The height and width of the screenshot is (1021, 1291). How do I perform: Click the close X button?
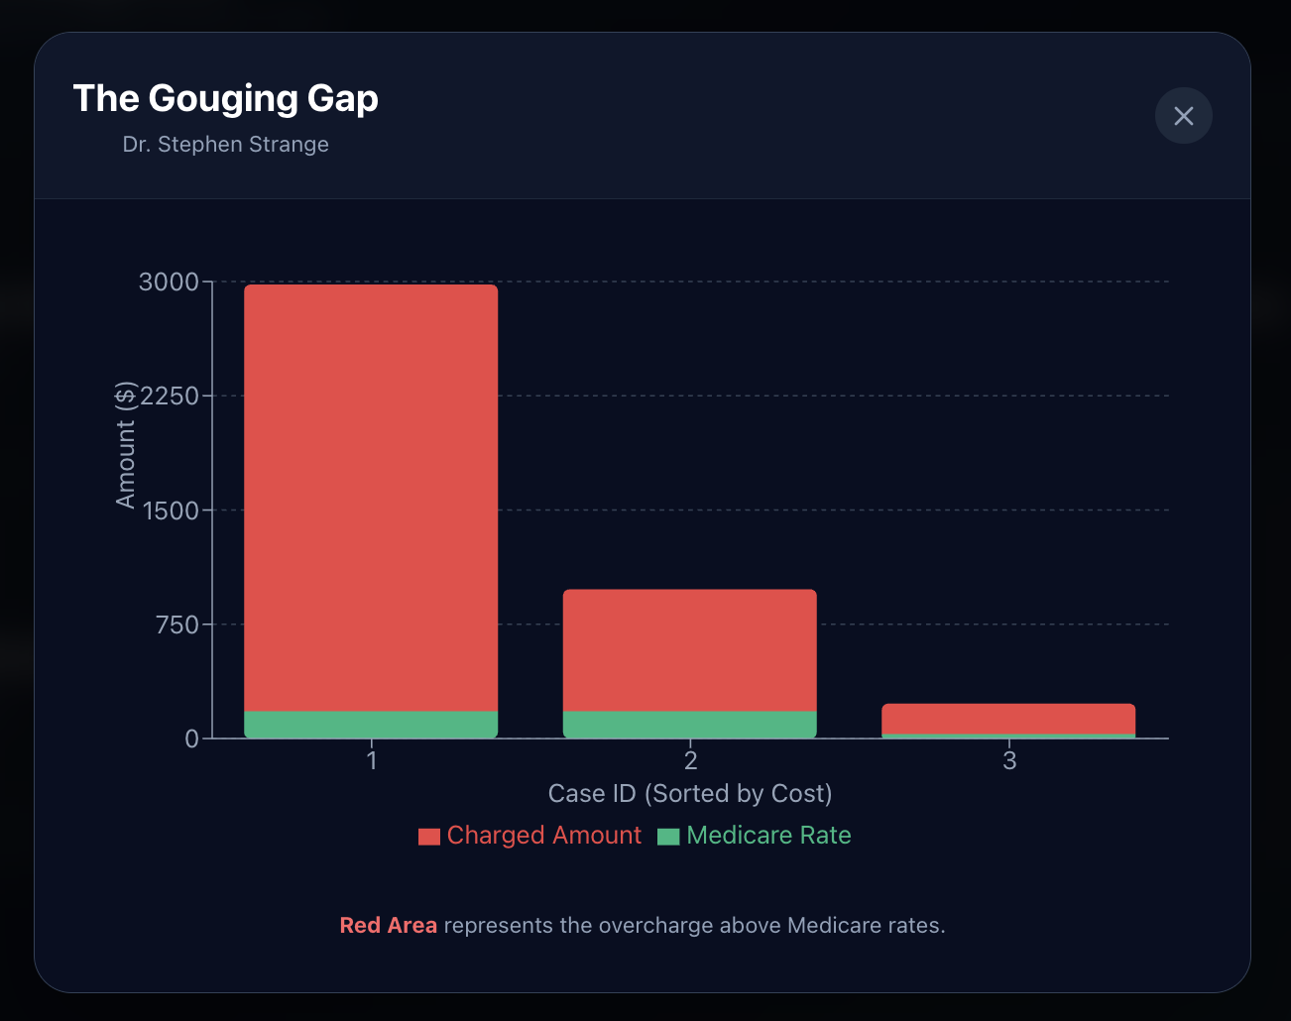coord(1183,116)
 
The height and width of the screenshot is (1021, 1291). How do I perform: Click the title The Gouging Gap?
coord(225,98)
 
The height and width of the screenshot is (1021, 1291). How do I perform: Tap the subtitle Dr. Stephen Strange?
coord(225,144)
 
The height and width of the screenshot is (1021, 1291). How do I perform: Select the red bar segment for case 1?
coord(371,496)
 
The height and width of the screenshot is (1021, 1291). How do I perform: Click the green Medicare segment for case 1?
coord(371,725)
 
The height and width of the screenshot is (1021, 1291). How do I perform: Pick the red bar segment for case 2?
coord(690,650)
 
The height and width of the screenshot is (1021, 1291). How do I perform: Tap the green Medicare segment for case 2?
coord(690,725)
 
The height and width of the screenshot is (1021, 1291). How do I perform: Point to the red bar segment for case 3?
coord(1008,718)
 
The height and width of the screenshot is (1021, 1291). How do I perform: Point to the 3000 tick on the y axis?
coord(169,282)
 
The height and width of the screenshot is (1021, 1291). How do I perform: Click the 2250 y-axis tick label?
coord(170,396)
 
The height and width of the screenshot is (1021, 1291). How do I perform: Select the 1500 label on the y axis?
coord(171,510)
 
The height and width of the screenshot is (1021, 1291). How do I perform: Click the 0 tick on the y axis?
coord(191,738)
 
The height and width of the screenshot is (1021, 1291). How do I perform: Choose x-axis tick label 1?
coord(372,760)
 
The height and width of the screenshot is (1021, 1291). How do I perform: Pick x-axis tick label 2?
coord(691,760)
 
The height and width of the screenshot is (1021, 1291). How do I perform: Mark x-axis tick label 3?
coord(1009,760)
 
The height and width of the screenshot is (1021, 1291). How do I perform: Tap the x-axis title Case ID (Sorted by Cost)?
coord(690,794)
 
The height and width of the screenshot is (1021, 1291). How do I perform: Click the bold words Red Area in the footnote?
coord(388,925)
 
